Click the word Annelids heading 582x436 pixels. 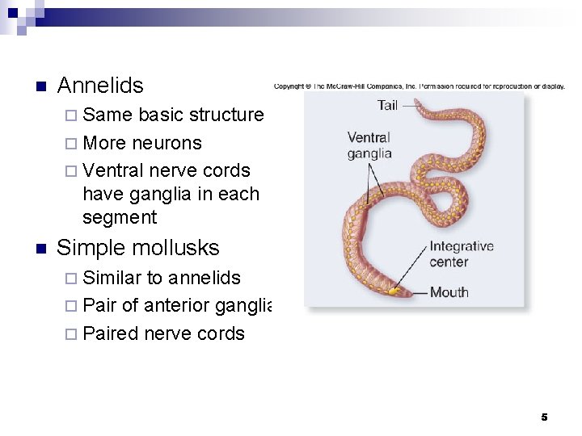[x=100, y=86]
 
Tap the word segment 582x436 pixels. [x=120, y=217]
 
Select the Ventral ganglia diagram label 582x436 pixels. [x=369, y=145]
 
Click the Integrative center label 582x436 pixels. [x=461, y=254]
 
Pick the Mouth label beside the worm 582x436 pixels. [x=449, y=291]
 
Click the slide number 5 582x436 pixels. [x=544, y=417]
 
